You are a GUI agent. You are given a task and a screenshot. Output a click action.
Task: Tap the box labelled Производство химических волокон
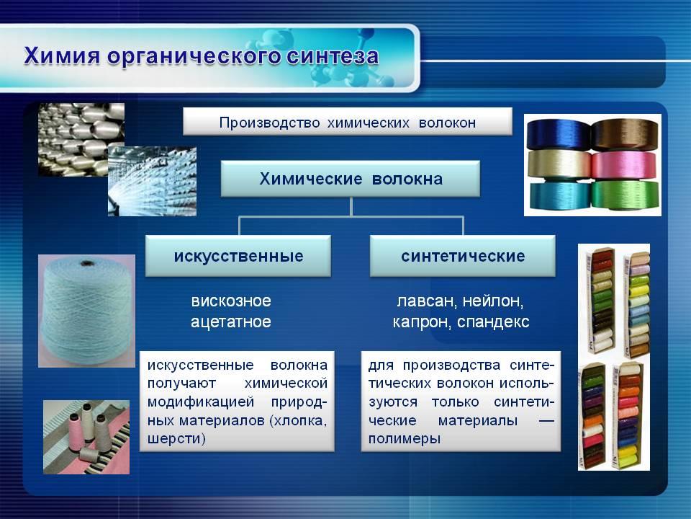pos(347,121)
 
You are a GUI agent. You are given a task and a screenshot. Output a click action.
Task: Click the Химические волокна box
pos(351,179)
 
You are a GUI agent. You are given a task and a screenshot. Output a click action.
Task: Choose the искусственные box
pos(238,256)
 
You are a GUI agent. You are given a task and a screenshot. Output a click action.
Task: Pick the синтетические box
pos(463,256)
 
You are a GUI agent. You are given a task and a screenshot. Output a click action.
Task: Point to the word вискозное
pos(231,301)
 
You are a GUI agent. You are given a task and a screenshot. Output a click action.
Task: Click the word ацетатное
pos(231,321)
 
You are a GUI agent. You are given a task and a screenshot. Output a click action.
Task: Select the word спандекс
pos(493,322)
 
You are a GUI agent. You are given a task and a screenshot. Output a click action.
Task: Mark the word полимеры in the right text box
pos(405,439)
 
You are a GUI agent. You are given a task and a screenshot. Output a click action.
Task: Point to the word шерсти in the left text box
pos(176,439)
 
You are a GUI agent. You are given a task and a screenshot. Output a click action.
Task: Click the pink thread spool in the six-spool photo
pos(625,165)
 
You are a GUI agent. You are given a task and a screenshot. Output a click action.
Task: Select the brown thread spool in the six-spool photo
pos(625,135)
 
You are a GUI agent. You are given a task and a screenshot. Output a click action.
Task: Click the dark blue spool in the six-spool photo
pos(559,135)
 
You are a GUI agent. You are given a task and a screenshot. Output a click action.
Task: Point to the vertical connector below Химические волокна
pos(351,207)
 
